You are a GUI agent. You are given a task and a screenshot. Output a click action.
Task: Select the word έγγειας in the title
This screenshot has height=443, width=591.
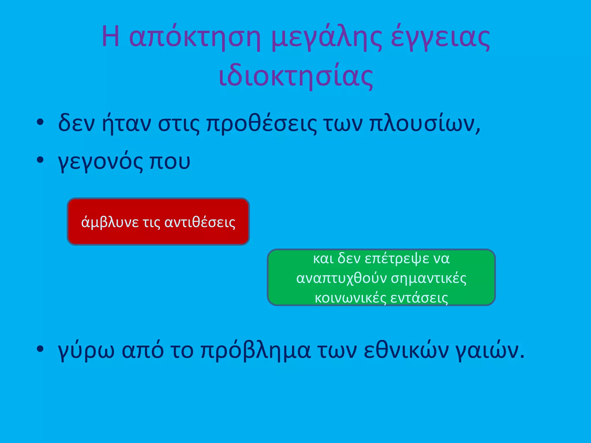tap(440, 37)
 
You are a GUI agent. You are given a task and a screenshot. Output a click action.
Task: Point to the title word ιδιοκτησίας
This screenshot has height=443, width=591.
tap(296, 76)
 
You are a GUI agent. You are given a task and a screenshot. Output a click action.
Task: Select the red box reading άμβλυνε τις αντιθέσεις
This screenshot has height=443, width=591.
tap(158, 221)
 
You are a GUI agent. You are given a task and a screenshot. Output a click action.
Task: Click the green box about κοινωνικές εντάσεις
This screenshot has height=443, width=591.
tap(381, 277)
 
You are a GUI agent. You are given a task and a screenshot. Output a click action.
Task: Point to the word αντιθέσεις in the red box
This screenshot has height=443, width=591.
tap(200, 222)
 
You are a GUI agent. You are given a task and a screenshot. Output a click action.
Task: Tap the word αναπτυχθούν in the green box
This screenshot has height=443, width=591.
tap(342, 278)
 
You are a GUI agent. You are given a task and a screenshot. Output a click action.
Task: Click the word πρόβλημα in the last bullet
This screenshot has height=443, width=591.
tap(255, 351)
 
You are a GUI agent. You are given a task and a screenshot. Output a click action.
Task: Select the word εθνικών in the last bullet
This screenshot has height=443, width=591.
tap(406, 350)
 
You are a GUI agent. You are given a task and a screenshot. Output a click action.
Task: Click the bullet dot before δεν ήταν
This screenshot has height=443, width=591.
tap(40, 122)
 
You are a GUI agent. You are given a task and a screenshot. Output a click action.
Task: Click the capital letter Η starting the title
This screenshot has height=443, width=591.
tap(111, 37)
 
